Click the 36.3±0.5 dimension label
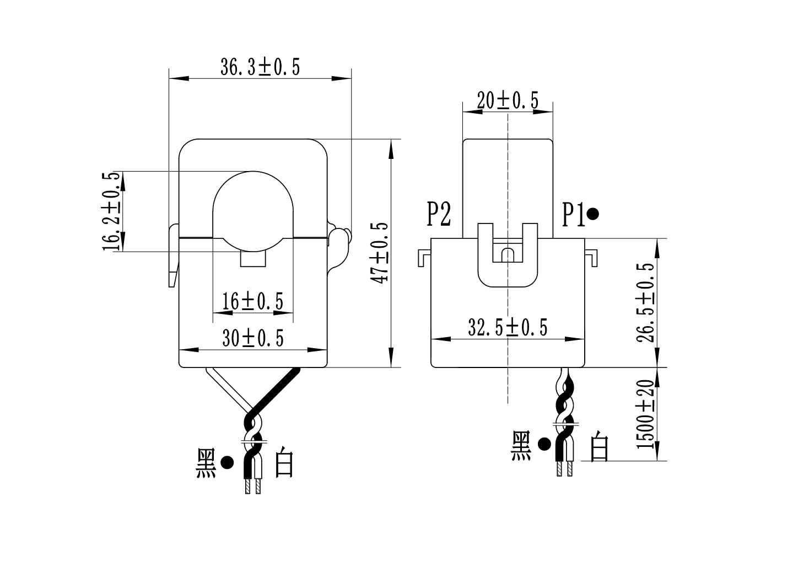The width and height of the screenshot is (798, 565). click(260, 67)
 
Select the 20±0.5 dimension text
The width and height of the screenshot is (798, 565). click(507, 100)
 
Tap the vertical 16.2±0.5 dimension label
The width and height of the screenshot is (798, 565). click(111, 211)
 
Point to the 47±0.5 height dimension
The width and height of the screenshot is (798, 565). click(380, 253)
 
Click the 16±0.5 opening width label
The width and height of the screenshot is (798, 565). click(252, 301)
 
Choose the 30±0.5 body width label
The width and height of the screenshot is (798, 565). click(252, 338)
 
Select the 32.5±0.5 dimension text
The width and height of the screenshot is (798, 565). click(507, 328)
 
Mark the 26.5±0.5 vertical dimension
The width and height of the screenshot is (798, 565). click(645, 302)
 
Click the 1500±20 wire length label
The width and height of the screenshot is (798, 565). click(645, 414)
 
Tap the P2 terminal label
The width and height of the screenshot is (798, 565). click(439, 214)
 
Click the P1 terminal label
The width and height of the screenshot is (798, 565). click(573, 214)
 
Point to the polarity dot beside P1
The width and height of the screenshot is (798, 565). click(593, 214)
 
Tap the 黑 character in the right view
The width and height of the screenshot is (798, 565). click(521, 446)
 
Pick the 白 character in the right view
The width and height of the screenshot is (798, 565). click(599, 446)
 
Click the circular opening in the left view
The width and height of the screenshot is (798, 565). click(253, 207)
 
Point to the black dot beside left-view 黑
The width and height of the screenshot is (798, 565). click(227, 463)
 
